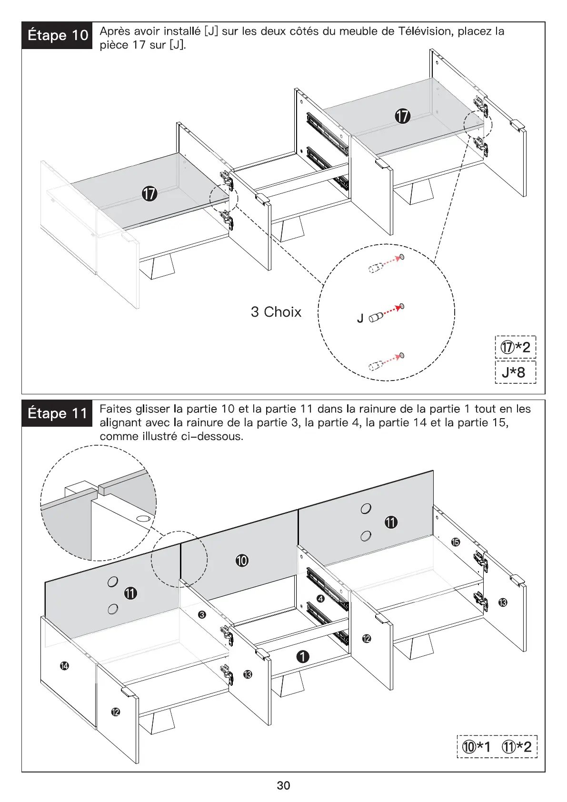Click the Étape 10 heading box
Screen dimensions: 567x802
coord(57,35)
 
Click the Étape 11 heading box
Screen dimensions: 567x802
coord(57,413)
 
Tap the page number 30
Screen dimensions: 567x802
coord(283,785)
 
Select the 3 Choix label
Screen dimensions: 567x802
coord(276,312)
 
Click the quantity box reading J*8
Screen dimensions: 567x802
coord(515,372)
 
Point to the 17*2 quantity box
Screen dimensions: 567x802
coord(515,347)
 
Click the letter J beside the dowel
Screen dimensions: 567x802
coord(360,318)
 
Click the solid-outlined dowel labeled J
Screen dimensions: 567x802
coord(376,316)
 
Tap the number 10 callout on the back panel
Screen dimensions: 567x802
coord(242,561)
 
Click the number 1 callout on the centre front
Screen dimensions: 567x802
coord(303,657)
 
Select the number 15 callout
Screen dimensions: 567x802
coord(456,542)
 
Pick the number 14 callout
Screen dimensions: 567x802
coord(64,666)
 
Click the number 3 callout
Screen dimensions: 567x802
coord(202,615)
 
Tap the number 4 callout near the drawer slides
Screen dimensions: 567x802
coord(320,599)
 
